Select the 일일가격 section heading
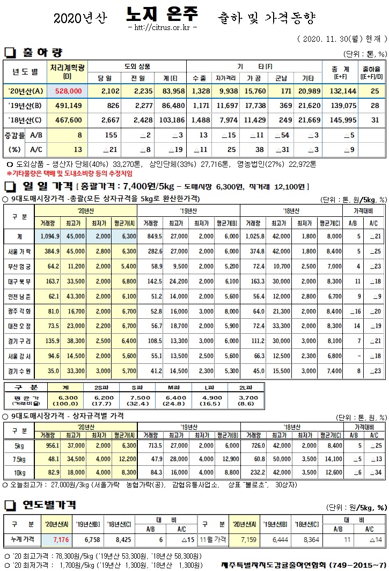[x=46, y=187]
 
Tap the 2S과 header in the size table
[x=107, y=387]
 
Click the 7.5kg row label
[x=19, y=459]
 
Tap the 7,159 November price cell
[x=238, y=539]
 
